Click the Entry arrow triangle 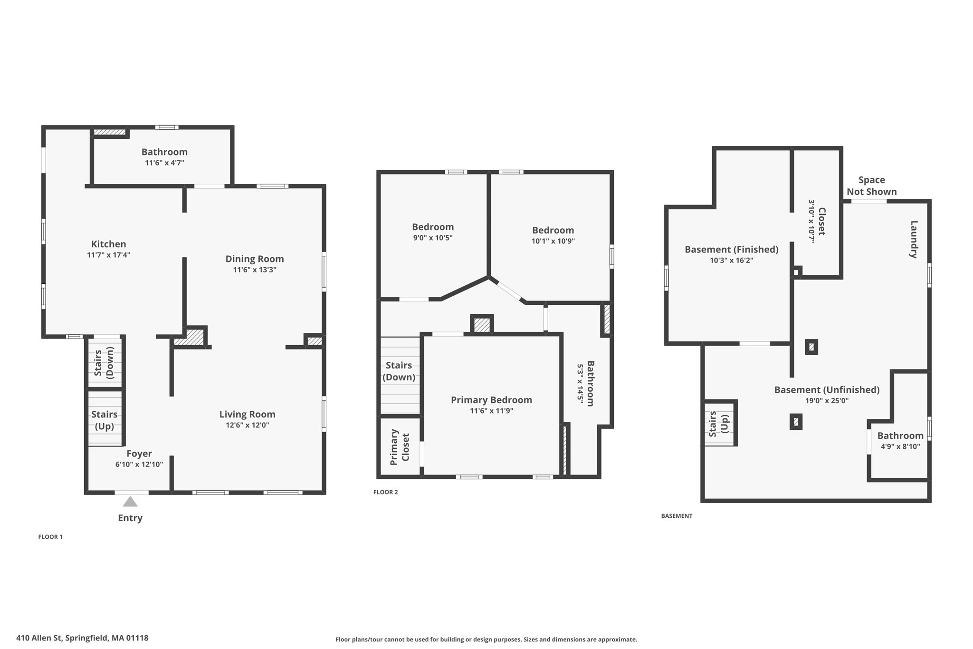click(130, 502)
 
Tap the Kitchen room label click(108, 244)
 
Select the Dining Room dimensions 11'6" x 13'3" click(254, 270)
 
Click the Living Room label click(247, 414)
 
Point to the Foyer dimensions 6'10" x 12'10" click(139, 464)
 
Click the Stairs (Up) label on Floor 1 click(104, 420)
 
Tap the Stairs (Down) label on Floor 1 click(104, 362)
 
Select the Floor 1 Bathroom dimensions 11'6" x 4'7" click(164, 163)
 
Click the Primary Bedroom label click(491, 400)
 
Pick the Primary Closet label click(400, 447)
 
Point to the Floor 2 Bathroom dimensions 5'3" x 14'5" click(580, 383)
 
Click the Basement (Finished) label click(731, 249)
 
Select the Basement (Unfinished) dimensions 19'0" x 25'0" click(827, 400)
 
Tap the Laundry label click(914, 239)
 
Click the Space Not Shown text click(871, 185)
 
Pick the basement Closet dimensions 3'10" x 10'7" click(811, 221)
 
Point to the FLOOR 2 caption click(385, 492)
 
